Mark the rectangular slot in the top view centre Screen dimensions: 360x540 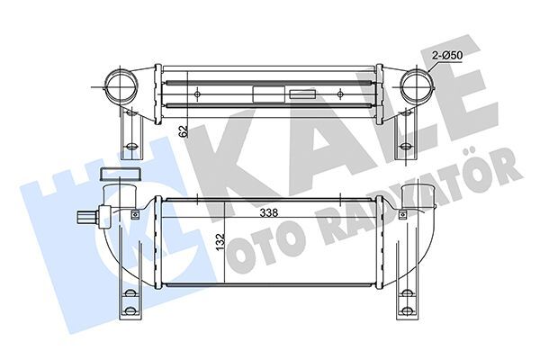267,92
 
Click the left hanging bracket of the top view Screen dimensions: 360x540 131,135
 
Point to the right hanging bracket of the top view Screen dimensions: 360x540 400,135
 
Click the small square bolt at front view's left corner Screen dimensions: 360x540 135,213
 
